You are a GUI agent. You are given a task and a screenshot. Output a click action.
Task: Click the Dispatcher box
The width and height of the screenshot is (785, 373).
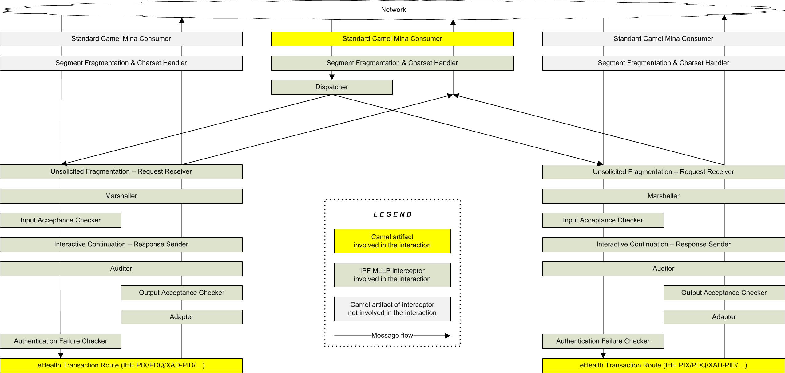pyautogui.click(x=332, y=87)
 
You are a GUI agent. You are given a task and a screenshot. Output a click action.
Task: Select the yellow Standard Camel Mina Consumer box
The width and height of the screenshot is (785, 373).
pyautogui.click(x=392, y=39)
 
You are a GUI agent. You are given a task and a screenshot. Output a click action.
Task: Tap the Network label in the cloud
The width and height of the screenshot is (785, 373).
pyautogui.click(x=393, y=10)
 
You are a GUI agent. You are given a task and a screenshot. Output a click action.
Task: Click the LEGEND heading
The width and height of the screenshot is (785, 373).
pyautogui.click(x=393, y=214)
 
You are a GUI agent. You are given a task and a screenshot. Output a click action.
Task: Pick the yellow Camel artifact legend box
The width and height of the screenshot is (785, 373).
pyautogui.click(x=392, y=241)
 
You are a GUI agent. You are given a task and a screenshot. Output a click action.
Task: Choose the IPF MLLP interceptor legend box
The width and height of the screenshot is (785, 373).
pyautogui.click(x=392, y=275)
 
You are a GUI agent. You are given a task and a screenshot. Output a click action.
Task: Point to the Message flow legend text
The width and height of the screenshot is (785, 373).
pyautogui.click(x=392, y=335)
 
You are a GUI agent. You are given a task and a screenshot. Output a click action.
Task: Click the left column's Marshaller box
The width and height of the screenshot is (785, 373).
pyautogui.click(x=121, y=196)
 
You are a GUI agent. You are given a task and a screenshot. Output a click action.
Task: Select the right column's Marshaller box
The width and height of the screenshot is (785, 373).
pyautogui.click(x=664, y=196)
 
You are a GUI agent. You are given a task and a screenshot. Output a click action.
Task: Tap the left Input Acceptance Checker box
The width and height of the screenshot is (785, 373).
pyautogui.click(x=61, y=220)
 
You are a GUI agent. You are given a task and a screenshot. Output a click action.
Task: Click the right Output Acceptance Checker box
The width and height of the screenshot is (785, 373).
pyautogui.click(x=724, y=293)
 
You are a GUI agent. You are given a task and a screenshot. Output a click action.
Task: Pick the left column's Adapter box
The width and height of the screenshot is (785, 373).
pyautogui.click(x=182, y=317)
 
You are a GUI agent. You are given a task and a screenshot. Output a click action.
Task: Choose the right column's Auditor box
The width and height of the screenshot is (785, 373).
pyautogui.click(x=664, y=269)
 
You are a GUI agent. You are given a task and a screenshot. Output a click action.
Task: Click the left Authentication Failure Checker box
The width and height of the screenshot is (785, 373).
pyautogui.click(x=61, y=341)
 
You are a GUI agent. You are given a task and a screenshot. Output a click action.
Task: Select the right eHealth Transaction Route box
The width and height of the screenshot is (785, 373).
pyautogui.click(x=664, y=366)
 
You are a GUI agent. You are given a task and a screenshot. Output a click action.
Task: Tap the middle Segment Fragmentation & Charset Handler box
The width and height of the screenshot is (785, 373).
pyautogui.click(x=392, y=63)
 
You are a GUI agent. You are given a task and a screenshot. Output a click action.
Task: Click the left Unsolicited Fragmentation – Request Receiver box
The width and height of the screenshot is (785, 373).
pyautogui.click(x=121, y=172)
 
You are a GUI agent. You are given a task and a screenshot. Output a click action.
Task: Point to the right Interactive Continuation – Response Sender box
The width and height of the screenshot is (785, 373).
pyautogui.click(x=664, y=245)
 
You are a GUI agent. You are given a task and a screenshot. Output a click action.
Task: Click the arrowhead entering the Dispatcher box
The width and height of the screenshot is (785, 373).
pyautogui.click(x=332, y=77)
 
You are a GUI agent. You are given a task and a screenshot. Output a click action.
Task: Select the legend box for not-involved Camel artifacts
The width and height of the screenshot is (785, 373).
pyautogui.click(x=392, y=309)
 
